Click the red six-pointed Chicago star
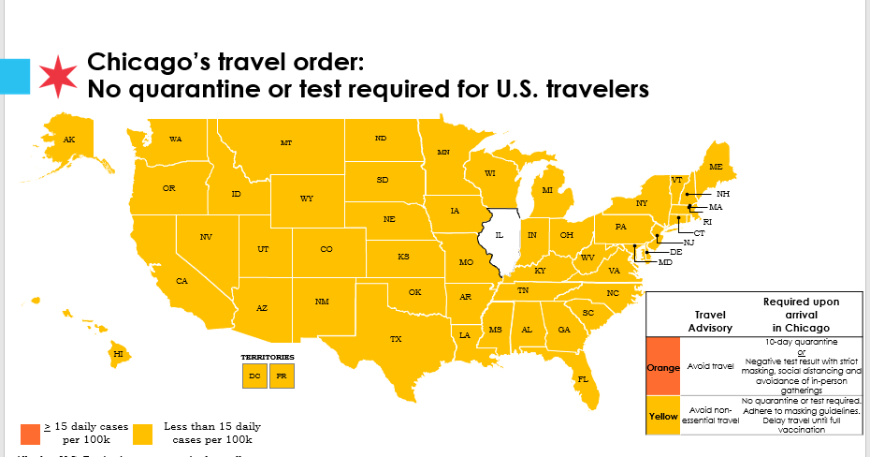(x=58, y=76)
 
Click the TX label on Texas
(x=396, y=339)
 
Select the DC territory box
(x=254, y=376)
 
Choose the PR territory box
(x=282, y=376)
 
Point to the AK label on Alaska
(x=68, y=140)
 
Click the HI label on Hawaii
(x=118, y=354)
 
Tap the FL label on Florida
(x=583, y=379)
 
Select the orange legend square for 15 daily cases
(x=31, y=433)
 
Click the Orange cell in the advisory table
(x=663, y=366)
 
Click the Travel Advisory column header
(x=710, y=322)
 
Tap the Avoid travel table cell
(x=710, y=366)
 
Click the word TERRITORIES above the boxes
(x=268, y=357)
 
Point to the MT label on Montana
(x=286, y=143)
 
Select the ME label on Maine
(x=716, y=166)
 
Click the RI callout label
(x=708, y=221)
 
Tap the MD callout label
(x=665, y=262)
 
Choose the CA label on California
(x=182, y=281)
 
